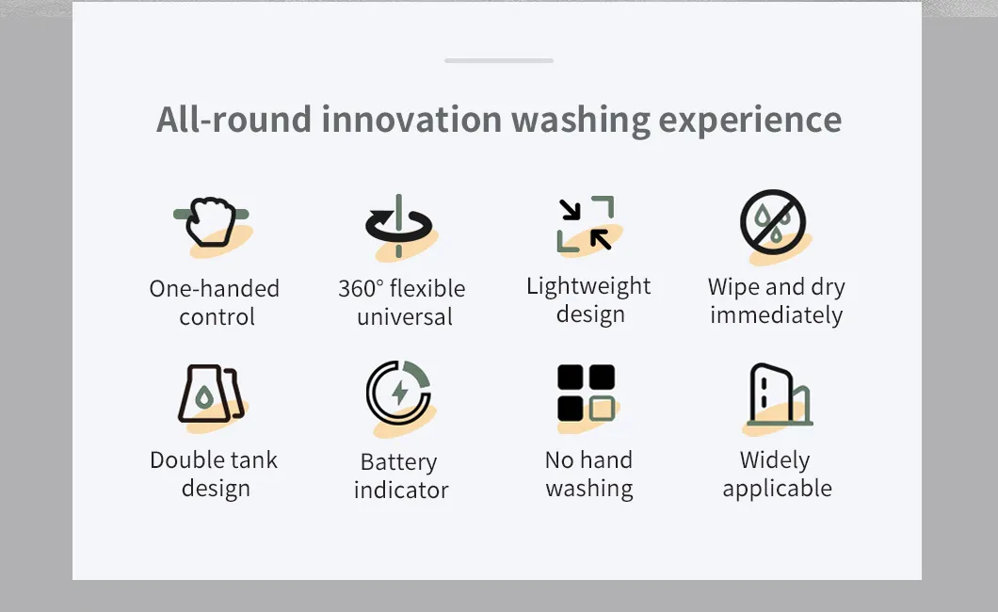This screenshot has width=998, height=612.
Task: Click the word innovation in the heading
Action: [x=411, y=120]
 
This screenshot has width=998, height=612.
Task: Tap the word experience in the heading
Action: [x=749, y=121]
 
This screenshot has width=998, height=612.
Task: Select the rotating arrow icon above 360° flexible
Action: [x=399, y=226]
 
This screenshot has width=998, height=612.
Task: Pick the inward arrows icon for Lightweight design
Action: [x=586, y=224]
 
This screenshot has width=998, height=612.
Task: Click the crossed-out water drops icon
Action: [x=773, y=222]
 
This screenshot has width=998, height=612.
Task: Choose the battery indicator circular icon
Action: [x=398, y=393]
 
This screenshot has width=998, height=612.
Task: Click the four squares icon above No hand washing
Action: [x=587, y=393]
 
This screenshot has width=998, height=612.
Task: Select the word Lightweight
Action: [x=588, y=287]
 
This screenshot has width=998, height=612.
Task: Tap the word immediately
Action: [x=777, y=314]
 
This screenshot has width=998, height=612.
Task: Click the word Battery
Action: [x=398, y=462]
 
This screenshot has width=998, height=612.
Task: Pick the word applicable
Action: [x=777, y=489]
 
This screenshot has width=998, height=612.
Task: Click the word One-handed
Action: [x=215, y=289]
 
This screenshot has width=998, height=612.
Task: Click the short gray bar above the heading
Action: [x=499, y=60]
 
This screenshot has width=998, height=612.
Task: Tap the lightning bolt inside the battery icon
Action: [x=400, y=394]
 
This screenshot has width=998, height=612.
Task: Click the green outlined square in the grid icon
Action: [x=602, y=409]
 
